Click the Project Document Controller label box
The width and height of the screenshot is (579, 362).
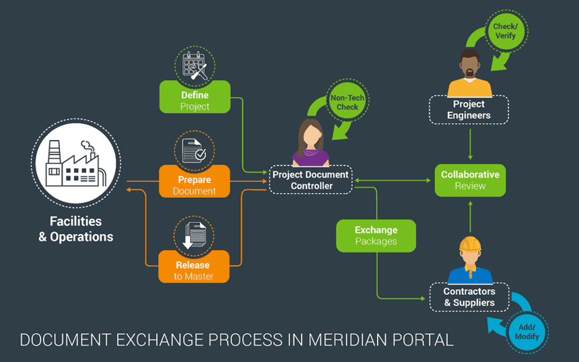pyautogui.click(x=310, y=180)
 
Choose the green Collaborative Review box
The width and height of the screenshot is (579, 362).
pyautogui.click(x=469, y=180)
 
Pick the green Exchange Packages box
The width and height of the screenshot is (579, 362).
pyautogui.click(x=376, y=236)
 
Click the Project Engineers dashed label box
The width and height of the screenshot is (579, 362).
pyautogui.click(x=469, y=110)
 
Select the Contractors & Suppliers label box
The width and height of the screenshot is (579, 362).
pyautogui.click(x=469, y=297)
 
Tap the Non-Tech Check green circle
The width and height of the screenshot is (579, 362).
pyautogui.click(x=347, y=102)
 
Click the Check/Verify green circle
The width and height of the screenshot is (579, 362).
pyautogui.click(x=505, y=31)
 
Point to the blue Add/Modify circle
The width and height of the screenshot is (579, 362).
pyautogui.click(x=527, y=331)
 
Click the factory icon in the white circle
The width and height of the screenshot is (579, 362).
pyautogui.click(x=75, y=164)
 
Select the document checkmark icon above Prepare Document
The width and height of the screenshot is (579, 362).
pyautogui.click(x=195, y=150)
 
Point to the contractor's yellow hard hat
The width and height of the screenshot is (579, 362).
pyautogui.click(x=469, y=244)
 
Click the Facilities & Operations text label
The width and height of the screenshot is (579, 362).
pyautogui.click(x=75, y=229)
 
